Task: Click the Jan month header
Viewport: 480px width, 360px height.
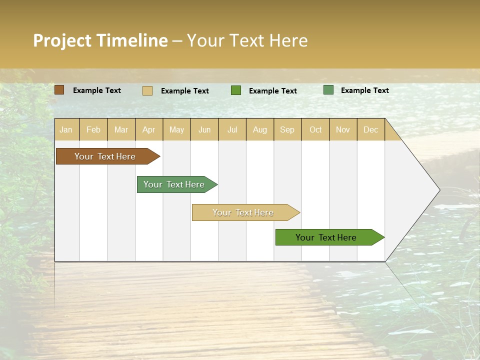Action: (x=66, y=129)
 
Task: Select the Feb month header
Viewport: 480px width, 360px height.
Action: (x=93, y=129)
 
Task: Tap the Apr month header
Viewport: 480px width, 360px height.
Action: (x=149, y=129)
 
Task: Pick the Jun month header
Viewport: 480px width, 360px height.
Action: (x=204, y=129)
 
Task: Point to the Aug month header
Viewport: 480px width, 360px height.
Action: (x=260, y=129)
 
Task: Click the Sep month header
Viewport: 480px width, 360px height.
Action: (x=287, y=129)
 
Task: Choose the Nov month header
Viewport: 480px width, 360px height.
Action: (x=343, y=129)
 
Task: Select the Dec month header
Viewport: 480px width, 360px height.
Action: (x=371, y=129)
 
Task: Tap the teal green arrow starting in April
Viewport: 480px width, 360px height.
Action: (x=175, y=184)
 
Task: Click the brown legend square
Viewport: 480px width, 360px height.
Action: (x=59, y=90)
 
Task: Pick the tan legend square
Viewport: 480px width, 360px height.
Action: (x=147, y=90)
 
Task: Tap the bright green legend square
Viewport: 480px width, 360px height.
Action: (x=236, y=90)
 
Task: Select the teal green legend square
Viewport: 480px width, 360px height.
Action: (x=328, y=90)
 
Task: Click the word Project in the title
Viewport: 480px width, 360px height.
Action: (x=62, y=40)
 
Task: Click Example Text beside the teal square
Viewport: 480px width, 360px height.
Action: (x=365, y=90)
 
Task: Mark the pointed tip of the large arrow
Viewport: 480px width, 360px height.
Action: (x=439, y=190)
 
